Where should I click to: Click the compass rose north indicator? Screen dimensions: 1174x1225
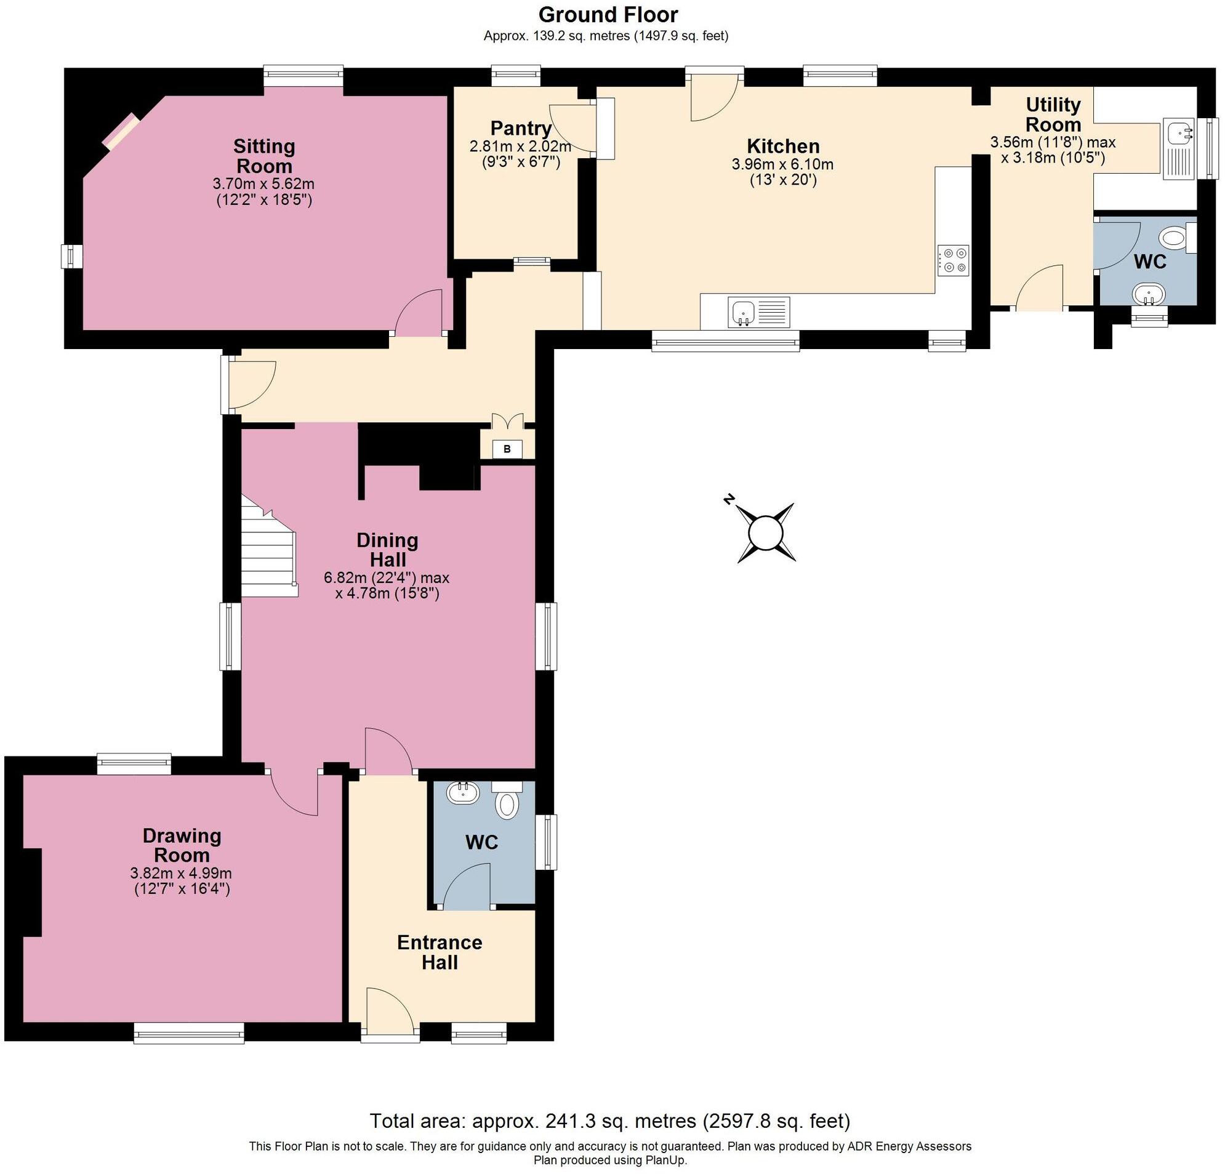(728, 498)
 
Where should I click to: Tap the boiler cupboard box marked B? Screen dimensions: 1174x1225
(507, 449)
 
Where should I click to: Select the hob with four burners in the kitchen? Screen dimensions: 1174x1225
(953, 260)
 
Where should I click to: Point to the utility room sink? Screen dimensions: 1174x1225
(1179, 150)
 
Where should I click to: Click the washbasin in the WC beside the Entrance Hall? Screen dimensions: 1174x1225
(463, 794)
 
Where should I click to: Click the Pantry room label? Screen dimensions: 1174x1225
(521, 128)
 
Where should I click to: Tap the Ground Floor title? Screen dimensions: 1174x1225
(608, 14)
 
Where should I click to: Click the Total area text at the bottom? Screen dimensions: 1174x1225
(609, 1120)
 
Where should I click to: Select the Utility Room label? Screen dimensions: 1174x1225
(1053, 114)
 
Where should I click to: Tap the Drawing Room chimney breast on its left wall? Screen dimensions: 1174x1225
(31, 892)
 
